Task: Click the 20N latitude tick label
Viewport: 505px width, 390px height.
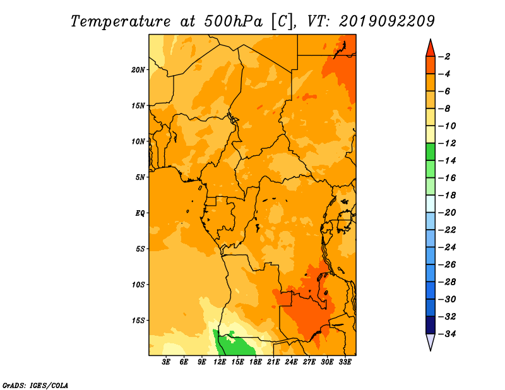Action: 138,70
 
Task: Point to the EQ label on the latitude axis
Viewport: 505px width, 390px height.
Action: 140,213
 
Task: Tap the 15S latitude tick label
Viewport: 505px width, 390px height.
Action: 138,321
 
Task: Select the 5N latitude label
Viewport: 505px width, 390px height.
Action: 140,177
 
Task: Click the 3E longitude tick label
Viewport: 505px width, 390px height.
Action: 166,362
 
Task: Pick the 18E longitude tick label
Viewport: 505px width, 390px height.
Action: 256,362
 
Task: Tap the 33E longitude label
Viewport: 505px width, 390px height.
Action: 345,362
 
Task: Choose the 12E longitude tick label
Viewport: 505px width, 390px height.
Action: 220,362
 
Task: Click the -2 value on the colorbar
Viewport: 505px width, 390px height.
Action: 446,57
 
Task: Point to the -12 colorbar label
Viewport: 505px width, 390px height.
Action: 448,143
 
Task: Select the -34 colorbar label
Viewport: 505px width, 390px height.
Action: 448,334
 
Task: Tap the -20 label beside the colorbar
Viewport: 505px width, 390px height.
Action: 448,213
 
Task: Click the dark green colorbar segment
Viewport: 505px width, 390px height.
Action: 431,152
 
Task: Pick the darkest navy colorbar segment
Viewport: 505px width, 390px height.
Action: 431,325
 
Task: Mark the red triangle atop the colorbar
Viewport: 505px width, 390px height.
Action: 431,49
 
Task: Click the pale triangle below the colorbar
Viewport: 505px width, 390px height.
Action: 431,341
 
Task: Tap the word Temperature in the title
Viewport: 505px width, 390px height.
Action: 121,22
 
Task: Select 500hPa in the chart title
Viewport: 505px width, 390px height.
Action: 234,21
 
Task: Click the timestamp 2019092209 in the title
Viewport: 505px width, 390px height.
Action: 387,21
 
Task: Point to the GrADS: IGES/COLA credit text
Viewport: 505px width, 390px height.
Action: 35,386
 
